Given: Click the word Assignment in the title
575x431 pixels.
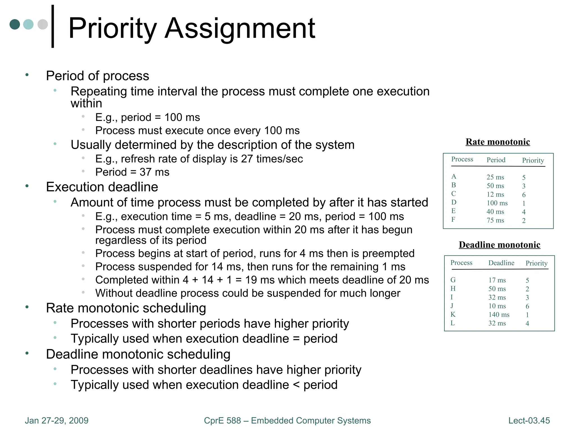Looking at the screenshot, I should [x=240, y=29].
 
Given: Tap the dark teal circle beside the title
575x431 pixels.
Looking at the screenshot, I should [x=15, y=24].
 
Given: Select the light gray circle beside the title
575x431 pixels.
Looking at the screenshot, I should [x=43, y=24].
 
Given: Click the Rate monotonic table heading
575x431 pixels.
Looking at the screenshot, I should [x=498, y=142].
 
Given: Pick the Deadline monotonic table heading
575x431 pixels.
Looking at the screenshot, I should [x=499, y=245].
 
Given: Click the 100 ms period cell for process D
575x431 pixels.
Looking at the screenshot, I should [x=497, y=203].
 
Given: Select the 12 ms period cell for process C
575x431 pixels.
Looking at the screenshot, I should [x=495, y=194].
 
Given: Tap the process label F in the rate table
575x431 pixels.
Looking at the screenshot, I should [x=453, y=219].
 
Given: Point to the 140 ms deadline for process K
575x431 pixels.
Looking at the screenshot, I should [x=499, y=315].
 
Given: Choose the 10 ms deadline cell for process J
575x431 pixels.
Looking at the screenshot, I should [x=497, y=306].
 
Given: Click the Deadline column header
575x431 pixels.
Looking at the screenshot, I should [x=501, y=263].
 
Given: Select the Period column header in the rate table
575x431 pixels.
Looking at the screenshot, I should [x=496, y=160].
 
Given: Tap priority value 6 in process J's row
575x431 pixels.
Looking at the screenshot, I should [x=527, y=306].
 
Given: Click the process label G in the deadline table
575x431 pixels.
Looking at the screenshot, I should [x=453, y=280].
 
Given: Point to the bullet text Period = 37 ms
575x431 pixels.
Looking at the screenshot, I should [x=132, y=172].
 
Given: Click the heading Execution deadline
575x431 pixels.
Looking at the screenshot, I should [x=102, y=187].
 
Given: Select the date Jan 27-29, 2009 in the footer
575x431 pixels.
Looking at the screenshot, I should [x=56, y=420].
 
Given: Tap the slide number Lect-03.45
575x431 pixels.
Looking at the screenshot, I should [x=529, y=420].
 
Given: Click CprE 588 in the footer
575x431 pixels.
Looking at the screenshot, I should [x=222, y=420].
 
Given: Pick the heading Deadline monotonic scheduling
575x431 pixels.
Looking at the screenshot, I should [x=138, y=354].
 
